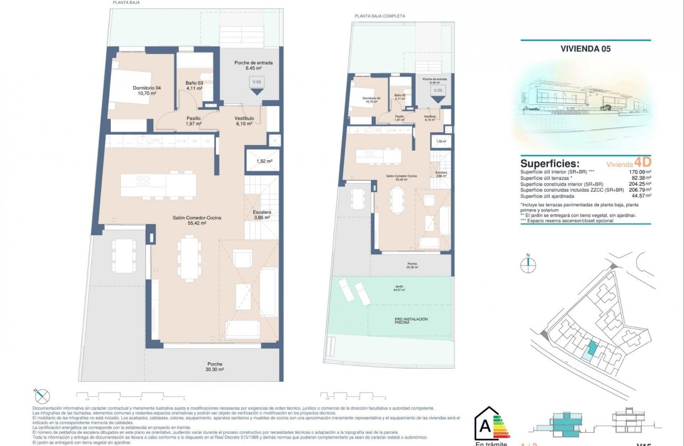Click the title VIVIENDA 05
click(x=585, y=49)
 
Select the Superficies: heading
click(x=549, y=164)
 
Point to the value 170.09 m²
click(x=639, y=172)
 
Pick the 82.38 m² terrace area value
click(x=640, y=178)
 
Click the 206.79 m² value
click(x=639, y=190)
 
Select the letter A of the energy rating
click(x=485, y=426)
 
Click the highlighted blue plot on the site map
click(x=589, y=349)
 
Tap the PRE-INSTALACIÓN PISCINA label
click(x=411, y=320)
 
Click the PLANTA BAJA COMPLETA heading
click(x=380, y=16)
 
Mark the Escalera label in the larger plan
click(x=258, y=213)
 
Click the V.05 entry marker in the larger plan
click(x=257, y=85)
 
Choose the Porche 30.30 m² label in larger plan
click(x=215, y=366)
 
